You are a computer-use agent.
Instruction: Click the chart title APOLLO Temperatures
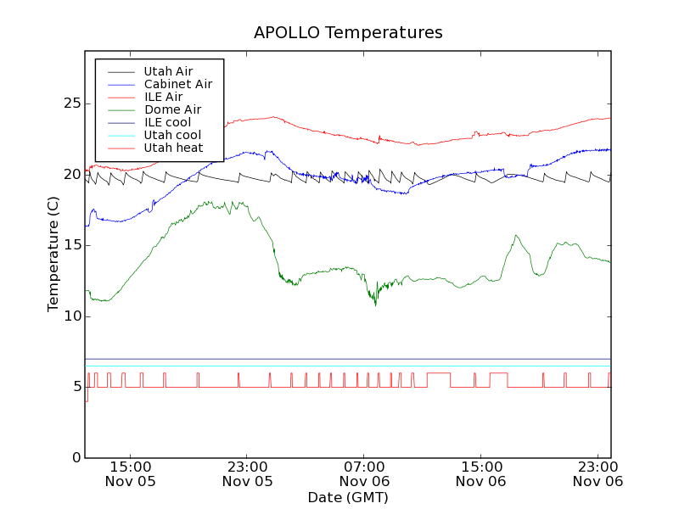point(348,33)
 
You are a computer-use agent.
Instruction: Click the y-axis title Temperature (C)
point(53,254)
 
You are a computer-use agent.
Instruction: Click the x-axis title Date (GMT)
point(348,497)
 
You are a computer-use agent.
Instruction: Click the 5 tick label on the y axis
point(75,387)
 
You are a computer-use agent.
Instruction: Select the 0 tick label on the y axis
point(75,457)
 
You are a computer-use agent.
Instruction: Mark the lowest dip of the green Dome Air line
point(376,305)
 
